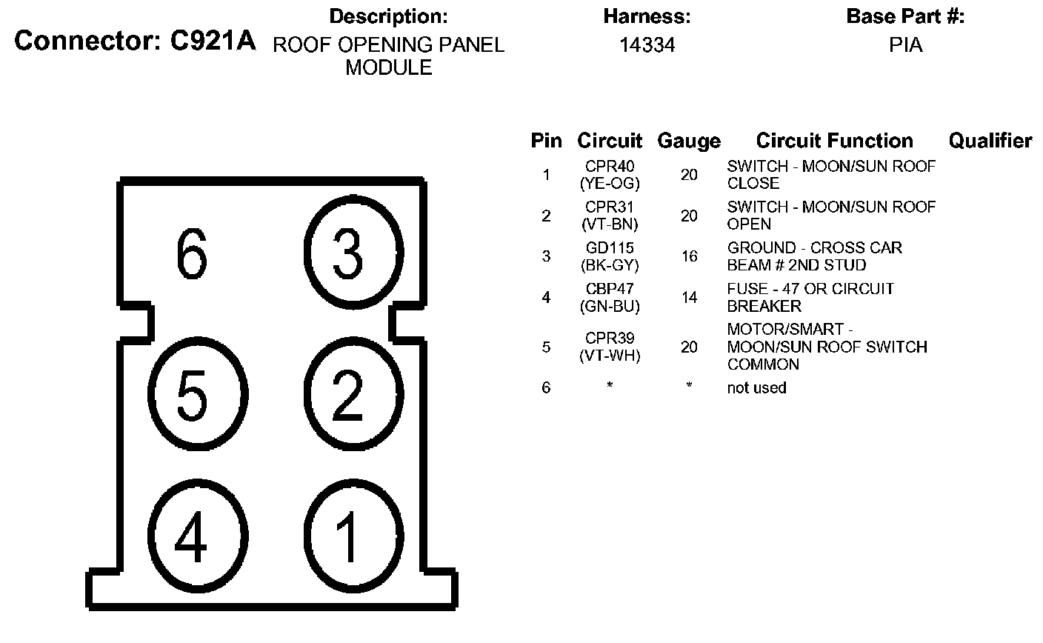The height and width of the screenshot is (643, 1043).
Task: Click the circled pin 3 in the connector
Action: [347, 253]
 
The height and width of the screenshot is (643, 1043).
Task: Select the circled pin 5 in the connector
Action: [192, 396]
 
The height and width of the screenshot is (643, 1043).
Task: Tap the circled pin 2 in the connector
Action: [347, 396]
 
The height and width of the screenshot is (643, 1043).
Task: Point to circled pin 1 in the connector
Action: [347, 535]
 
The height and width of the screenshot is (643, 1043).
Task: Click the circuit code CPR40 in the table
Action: [610, 167]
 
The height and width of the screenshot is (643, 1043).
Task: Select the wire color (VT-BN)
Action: [610, 224]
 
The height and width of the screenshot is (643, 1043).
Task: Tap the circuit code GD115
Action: [610, 248]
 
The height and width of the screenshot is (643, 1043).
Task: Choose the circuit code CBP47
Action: [610, 289]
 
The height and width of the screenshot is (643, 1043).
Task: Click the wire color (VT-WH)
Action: [610, 356]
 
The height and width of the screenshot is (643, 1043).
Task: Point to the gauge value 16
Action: [689, 256]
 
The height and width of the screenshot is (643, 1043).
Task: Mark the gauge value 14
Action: [689, 298]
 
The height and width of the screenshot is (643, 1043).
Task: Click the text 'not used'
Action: [756, 387]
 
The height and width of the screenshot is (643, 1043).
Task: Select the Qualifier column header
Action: [990, 141]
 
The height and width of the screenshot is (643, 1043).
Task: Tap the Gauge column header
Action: [689, 141]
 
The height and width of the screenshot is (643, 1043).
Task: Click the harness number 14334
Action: [647, 45]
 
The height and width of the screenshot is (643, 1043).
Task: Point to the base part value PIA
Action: [905, 45]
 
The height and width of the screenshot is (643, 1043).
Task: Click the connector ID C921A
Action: [213, 41]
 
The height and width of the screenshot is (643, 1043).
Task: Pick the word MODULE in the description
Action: [389, 68]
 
